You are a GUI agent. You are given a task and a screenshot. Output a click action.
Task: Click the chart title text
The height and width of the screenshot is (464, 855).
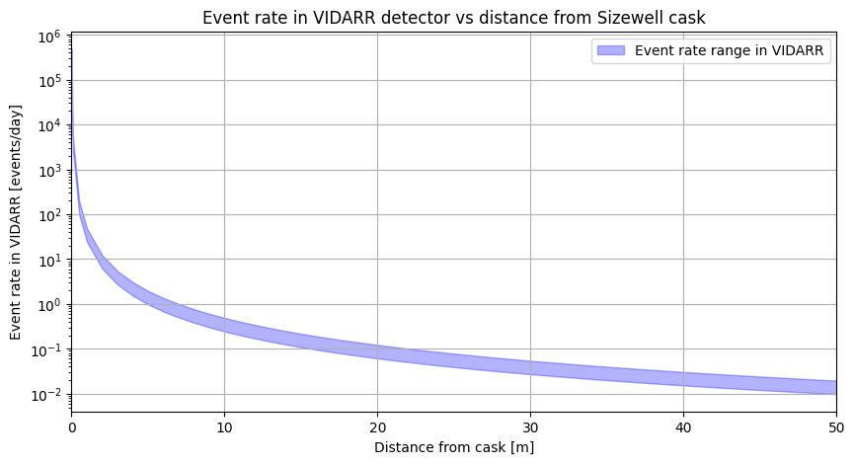[453, 17]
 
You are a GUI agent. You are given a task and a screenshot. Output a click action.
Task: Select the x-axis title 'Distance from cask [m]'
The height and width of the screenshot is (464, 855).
[453, 447]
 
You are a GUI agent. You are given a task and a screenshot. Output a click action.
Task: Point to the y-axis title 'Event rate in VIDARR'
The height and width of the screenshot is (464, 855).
[17, 222]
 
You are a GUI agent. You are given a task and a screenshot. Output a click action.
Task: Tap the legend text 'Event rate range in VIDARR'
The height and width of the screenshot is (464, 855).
[731, 50]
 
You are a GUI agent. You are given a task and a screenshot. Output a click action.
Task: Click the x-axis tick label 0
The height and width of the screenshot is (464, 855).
[72, 426]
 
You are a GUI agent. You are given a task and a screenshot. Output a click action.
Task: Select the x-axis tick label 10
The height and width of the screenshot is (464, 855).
[225, 426]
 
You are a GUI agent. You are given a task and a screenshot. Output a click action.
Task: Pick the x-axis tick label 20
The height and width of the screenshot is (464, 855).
[377, 426]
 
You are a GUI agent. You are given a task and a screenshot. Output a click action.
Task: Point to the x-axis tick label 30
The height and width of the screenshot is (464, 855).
[530, 426]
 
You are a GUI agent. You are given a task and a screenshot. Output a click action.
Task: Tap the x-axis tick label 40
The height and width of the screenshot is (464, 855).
[683, 426]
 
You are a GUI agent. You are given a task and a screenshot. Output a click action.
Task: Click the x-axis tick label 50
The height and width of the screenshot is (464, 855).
[836, 426]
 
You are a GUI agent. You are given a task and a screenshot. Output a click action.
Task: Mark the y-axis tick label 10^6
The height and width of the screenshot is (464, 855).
[51, 37]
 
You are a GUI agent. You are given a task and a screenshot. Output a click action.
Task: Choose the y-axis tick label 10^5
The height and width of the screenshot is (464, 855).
[51, 81]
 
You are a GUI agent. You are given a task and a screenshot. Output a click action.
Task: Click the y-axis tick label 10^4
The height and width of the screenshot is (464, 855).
[51, 125]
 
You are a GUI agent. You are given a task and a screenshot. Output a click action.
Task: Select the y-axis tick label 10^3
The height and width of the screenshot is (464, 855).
[51, 171]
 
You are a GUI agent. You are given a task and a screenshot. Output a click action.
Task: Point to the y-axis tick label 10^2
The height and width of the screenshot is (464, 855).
[51, 215]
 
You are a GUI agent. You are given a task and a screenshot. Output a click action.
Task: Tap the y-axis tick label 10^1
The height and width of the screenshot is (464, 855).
[51, 260]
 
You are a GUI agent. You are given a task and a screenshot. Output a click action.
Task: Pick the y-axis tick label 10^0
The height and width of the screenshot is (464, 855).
[51, 304]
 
